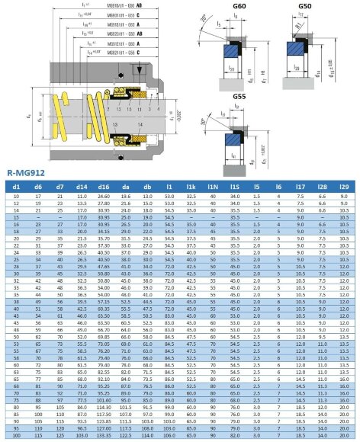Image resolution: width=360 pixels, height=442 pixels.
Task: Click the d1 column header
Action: tap(16, 185)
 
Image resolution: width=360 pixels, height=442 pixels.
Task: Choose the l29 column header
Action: tap(344, 185)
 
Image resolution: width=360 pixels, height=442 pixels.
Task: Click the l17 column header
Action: tap(301, 185)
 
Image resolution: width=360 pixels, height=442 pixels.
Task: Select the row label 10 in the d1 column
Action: tap(16, 196)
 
